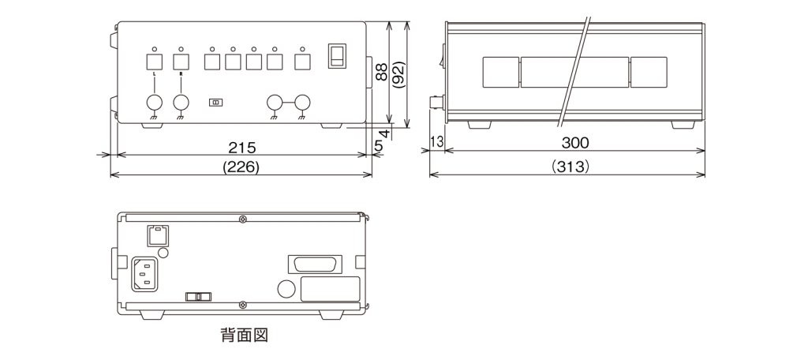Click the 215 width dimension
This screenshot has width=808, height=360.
tap(242, 147)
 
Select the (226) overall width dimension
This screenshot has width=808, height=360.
tap(242, 167)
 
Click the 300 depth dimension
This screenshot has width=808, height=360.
tap(575, 143)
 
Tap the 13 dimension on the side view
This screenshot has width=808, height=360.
tap(436, 142)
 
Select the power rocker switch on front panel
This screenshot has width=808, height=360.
tap(337, 56)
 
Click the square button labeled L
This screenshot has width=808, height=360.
tap(155, 62)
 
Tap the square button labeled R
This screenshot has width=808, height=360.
tap(181, 62)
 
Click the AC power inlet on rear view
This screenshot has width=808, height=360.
tap(145, 274)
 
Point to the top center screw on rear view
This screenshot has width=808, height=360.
tap(243, 219)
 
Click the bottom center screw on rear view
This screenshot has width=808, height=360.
tap(243, 305)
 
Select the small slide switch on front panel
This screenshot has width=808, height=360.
tap(215, 103)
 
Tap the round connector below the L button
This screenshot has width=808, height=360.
tap(155, 103)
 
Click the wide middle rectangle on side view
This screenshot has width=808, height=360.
tap(574, 72)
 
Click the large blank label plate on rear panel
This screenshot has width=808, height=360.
tap(330, 289)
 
